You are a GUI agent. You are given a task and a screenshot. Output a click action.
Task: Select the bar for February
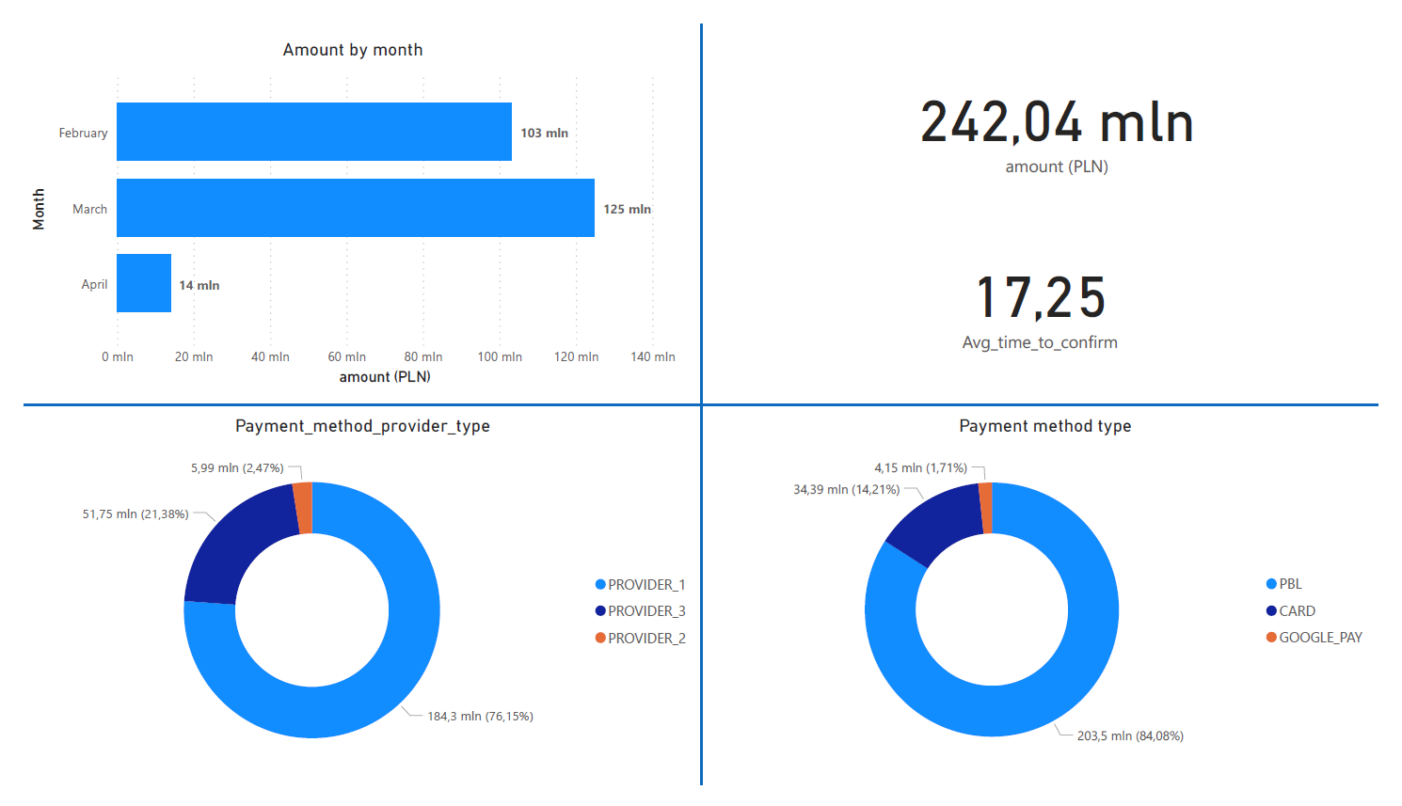coord(313,132)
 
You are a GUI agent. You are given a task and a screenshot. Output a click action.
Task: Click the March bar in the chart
coord(355,208)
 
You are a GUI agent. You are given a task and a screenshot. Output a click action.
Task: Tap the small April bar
coord(144,283)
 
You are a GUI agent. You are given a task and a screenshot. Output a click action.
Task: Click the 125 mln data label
coord(627,209)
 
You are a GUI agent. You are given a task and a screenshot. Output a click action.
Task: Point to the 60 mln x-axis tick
coord(346,356)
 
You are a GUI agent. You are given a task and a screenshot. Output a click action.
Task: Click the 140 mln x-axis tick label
coord(652,356)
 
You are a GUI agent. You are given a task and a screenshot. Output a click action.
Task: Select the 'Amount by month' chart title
coord(353,50)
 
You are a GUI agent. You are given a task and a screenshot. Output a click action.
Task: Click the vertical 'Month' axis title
coord(39,209)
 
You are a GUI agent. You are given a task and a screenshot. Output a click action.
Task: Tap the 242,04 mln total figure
coord(1057,123)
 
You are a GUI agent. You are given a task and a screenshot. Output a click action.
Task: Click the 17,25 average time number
coord(1040,298)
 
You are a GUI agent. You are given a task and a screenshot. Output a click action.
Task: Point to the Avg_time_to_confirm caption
coord(1040,342)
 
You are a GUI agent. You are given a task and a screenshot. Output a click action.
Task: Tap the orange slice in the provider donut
coord(303,508)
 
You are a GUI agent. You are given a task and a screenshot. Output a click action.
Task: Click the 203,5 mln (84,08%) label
coord(1130,735)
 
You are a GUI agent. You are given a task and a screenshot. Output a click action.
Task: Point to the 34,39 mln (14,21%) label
coord(846,489)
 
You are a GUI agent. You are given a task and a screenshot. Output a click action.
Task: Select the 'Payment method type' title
coord(1044,426)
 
